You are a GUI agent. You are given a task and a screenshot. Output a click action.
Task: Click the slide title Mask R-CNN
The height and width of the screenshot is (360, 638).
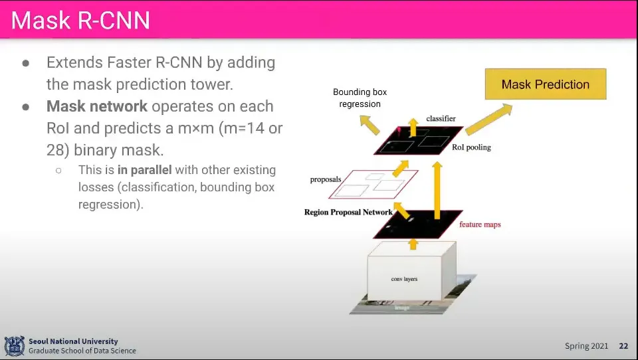tap(80, 21)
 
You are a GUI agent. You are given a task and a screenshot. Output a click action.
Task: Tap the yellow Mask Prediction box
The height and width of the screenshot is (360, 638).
tap(545, 84)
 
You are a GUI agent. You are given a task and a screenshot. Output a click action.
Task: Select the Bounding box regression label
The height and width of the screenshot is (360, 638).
tap(360, 98)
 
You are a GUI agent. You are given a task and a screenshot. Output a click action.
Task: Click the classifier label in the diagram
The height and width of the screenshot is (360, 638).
tap(440, 118)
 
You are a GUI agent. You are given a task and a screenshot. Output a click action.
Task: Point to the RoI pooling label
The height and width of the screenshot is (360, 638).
tap(471, 147)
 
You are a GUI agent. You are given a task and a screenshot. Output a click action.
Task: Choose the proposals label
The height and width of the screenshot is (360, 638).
tap(325, 179)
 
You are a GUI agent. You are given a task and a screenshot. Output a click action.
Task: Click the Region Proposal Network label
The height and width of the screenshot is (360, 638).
tap(348, 213)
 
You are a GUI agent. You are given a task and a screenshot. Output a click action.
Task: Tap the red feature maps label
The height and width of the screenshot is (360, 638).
tap(480, 225)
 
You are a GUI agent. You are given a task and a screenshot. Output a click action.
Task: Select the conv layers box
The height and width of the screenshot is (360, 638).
tap(404, 279)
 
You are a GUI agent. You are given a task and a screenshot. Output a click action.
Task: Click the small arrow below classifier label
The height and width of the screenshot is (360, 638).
tap(413, 127)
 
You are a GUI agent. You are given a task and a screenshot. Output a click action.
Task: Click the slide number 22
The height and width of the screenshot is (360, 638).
tap(623, 346)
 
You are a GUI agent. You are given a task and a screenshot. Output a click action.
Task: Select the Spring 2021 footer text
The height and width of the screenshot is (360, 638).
tap(586, 346)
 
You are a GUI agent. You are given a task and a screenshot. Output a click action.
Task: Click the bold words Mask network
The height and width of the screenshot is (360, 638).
tap(97, 106)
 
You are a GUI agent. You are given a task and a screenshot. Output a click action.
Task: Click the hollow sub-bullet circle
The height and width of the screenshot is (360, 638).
tap(58, 170)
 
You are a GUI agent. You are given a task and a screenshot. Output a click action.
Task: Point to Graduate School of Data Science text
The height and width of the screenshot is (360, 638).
tap(82, 351)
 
